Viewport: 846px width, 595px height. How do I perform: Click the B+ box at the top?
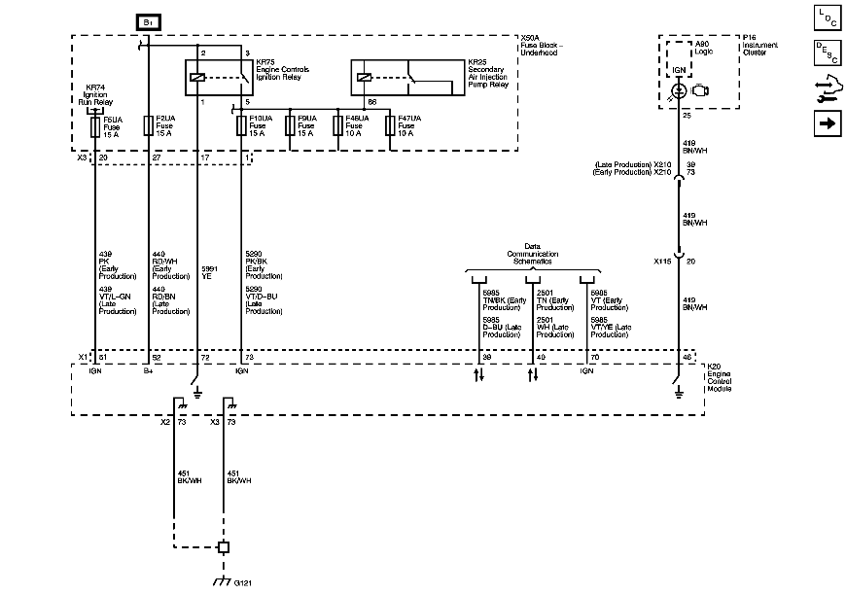(x=149, y=20)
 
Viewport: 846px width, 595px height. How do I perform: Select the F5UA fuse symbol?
(x=94, y=126)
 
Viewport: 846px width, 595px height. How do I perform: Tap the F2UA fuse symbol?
(x=148, y=126)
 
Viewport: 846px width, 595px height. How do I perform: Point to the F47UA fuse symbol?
(x=390, y=126)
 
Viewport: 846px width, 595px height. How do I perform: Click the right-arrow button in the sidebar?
(x=827, y=123)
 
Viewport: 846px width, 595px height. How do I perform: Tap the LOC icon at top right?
(x=827, y=17)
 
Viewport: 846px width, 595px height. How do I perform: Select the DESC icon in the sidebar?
(x=827, y=52)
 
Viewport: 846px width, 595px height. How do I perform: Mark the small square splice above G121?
(x=223, y=547)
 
